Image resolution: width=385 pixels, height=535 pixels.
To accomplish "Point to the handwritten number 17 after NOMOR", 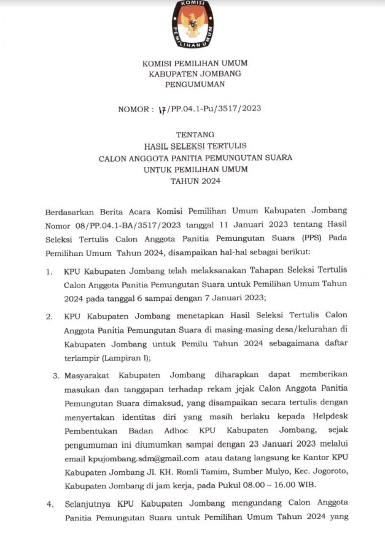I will click(163, 109).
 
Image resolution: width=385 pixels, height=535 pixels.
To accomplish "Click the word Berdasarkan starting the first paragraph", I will click(73, 212).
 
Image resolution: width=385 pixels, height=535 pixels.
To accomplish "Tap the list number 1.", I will click(49, 272).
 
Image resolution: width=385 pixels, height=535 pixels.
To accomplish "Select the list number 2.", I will click(49, 316).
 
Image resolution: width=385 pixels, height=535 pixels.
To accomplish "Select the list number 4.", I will click(49, 503).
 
